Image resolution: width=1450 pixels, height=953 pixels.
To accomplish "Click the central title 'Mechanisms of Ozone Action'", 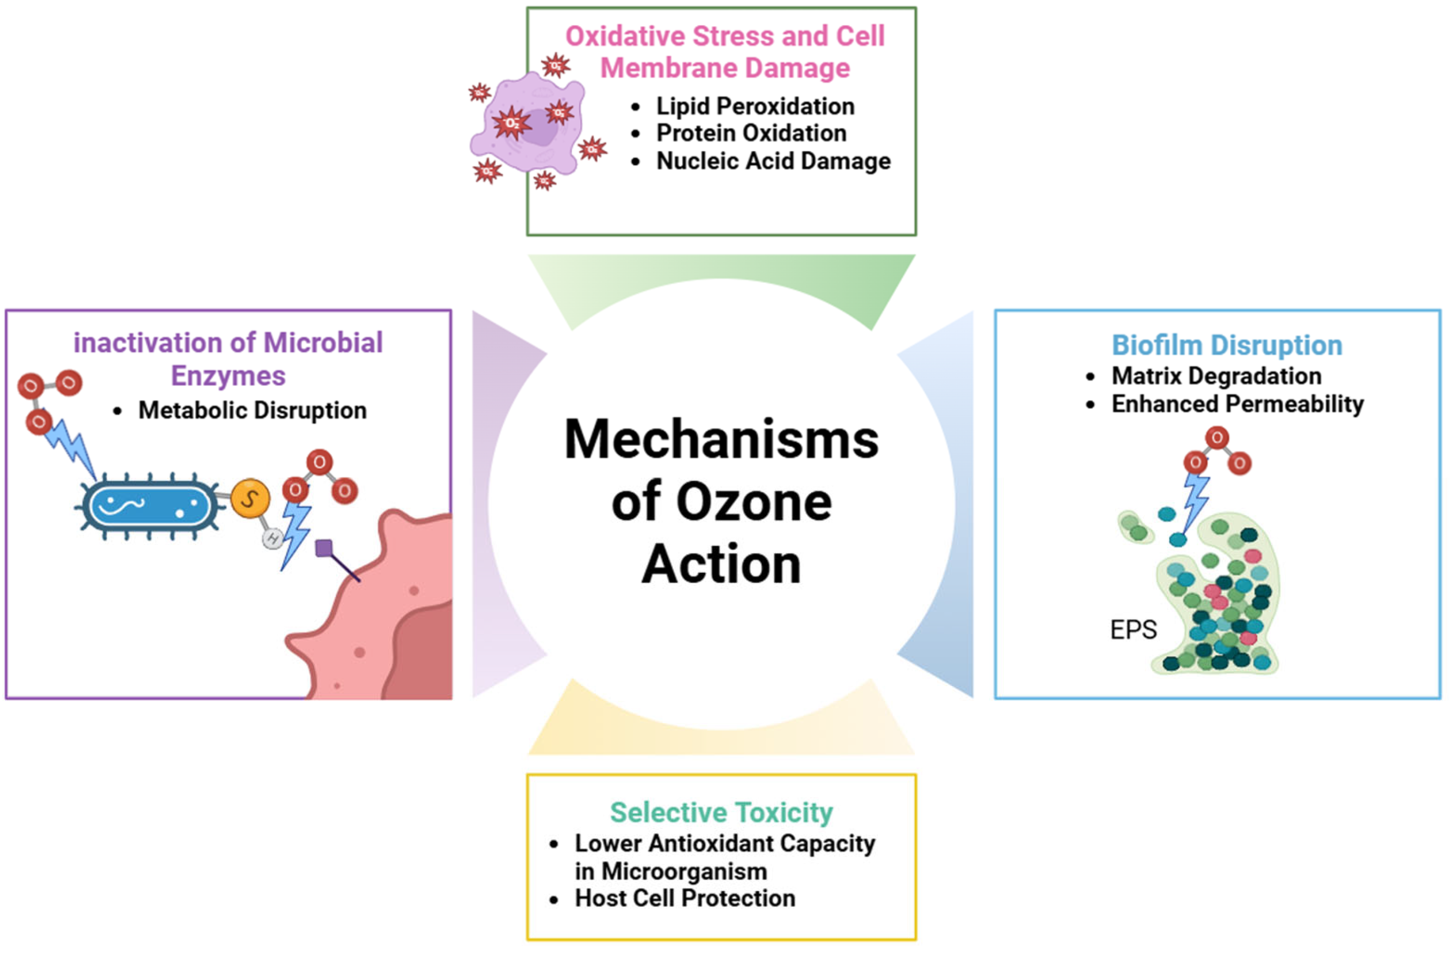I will point(722,500).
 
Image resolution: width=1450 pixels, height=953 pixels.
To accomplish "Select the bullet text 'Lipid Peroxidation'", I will point(755,106).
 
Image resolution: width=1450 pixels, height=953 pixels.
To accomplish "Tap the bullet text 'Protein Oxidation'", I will point(751,133).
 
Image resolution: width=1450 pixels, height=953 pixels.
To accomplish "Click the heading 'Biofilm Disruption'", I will point(1227,345).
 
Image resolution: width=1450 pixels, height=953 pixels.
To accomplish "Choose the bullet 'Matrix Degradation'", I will point(1216,376).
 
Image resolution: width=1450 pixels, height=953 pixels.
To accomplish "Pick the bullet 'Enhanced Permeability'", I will point(1238,404).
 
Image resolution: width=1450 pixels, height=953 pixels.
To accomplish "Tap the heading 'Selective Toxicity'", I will point(722,812).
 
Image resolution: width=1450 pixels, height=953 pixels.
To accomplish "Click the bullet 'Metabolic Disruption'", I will point(252,410).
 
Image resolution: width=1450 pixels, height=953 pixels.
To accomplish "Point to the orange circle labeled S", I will point(250,498).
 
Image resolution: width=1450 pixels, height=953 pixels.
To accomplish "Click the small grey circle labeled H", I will point(273,538).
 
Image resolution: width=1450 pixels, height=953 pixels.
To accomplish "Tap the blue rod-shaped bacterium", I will point(149,505).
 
